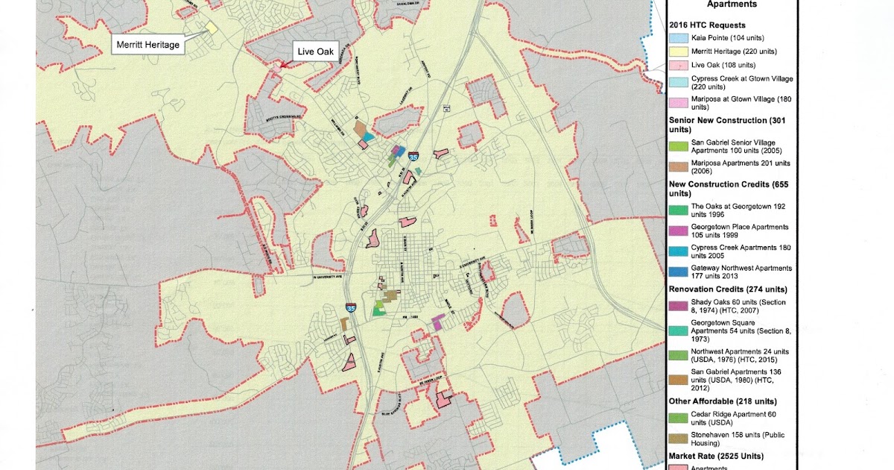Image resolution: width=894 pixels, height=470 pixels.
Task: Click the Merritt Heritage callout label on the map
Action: coord(148,45)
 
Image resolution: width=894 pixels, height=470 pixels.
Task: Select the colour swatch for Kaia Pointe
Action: coord(678,37)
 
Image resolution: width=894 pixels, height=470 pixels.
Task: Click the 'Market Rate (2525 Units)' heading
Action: coord(717,456)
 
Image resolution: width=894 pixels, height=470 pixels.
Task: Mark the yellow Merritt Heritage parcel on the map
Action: coord(212,27)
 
